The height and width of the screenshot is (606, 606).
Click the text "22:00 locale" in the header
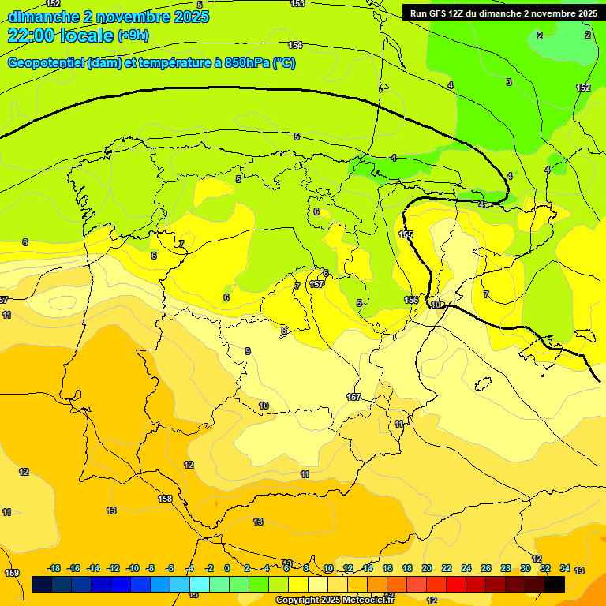click(x=60, y=36)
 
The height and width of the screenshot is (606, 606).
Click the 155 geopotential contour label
click(x=406, y=234)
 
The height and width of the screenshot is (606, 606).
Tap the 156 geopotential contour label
click(x=411, y=300)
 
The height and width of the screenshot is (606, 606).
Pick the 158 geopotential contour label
click(x=165, y=499)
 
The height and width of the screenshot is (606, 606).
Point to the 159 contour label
click(x=12, y=573)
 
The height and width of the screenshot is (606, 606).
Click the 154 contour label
click(x=295, y=45)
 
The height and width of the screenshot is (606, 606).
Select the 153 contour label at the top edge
click(x=297, y=4)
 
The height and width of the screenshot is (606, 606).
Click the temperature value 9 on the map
click(x=248, y=351)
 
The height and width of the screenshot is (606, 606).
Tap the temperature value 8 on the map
click(x=284, y=331)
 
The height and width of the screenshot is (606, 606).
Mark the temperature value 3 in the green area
click(x=508, y=82)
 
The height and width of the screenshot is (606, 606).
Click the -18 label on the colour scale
click(x=54, y=568)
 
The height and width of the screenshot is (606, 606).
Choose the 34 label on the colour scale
click(x=565, y=568)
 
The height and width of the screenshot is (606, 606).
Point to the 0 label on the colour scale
click(x=227, y=568)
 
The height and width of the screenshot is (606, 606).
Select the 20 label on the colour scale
click(x=427, y=568)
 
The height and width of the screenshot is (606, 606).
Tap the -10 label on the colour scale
click(x=133, y=568)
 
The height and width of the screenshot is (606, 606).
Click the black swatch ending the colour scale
click(x=554, y=584)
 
